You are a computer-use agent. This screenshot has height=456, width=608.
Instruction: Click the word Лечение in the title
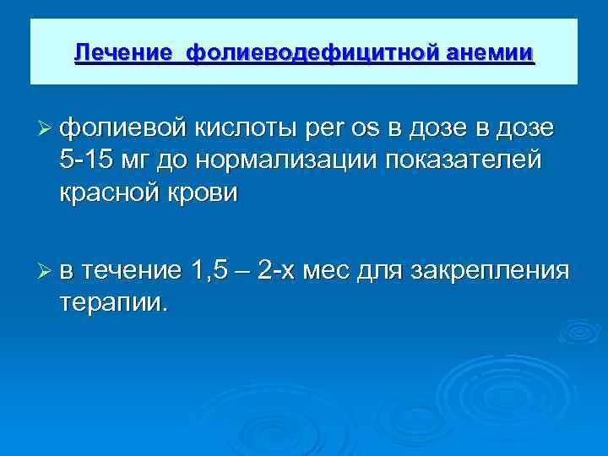pos(124,52)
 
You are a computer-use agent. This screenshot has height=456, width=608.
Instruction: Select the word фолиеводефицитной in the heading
pos(307,52)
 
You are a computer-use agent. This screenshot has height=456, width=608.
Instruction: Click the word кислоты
pos(243,129)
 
